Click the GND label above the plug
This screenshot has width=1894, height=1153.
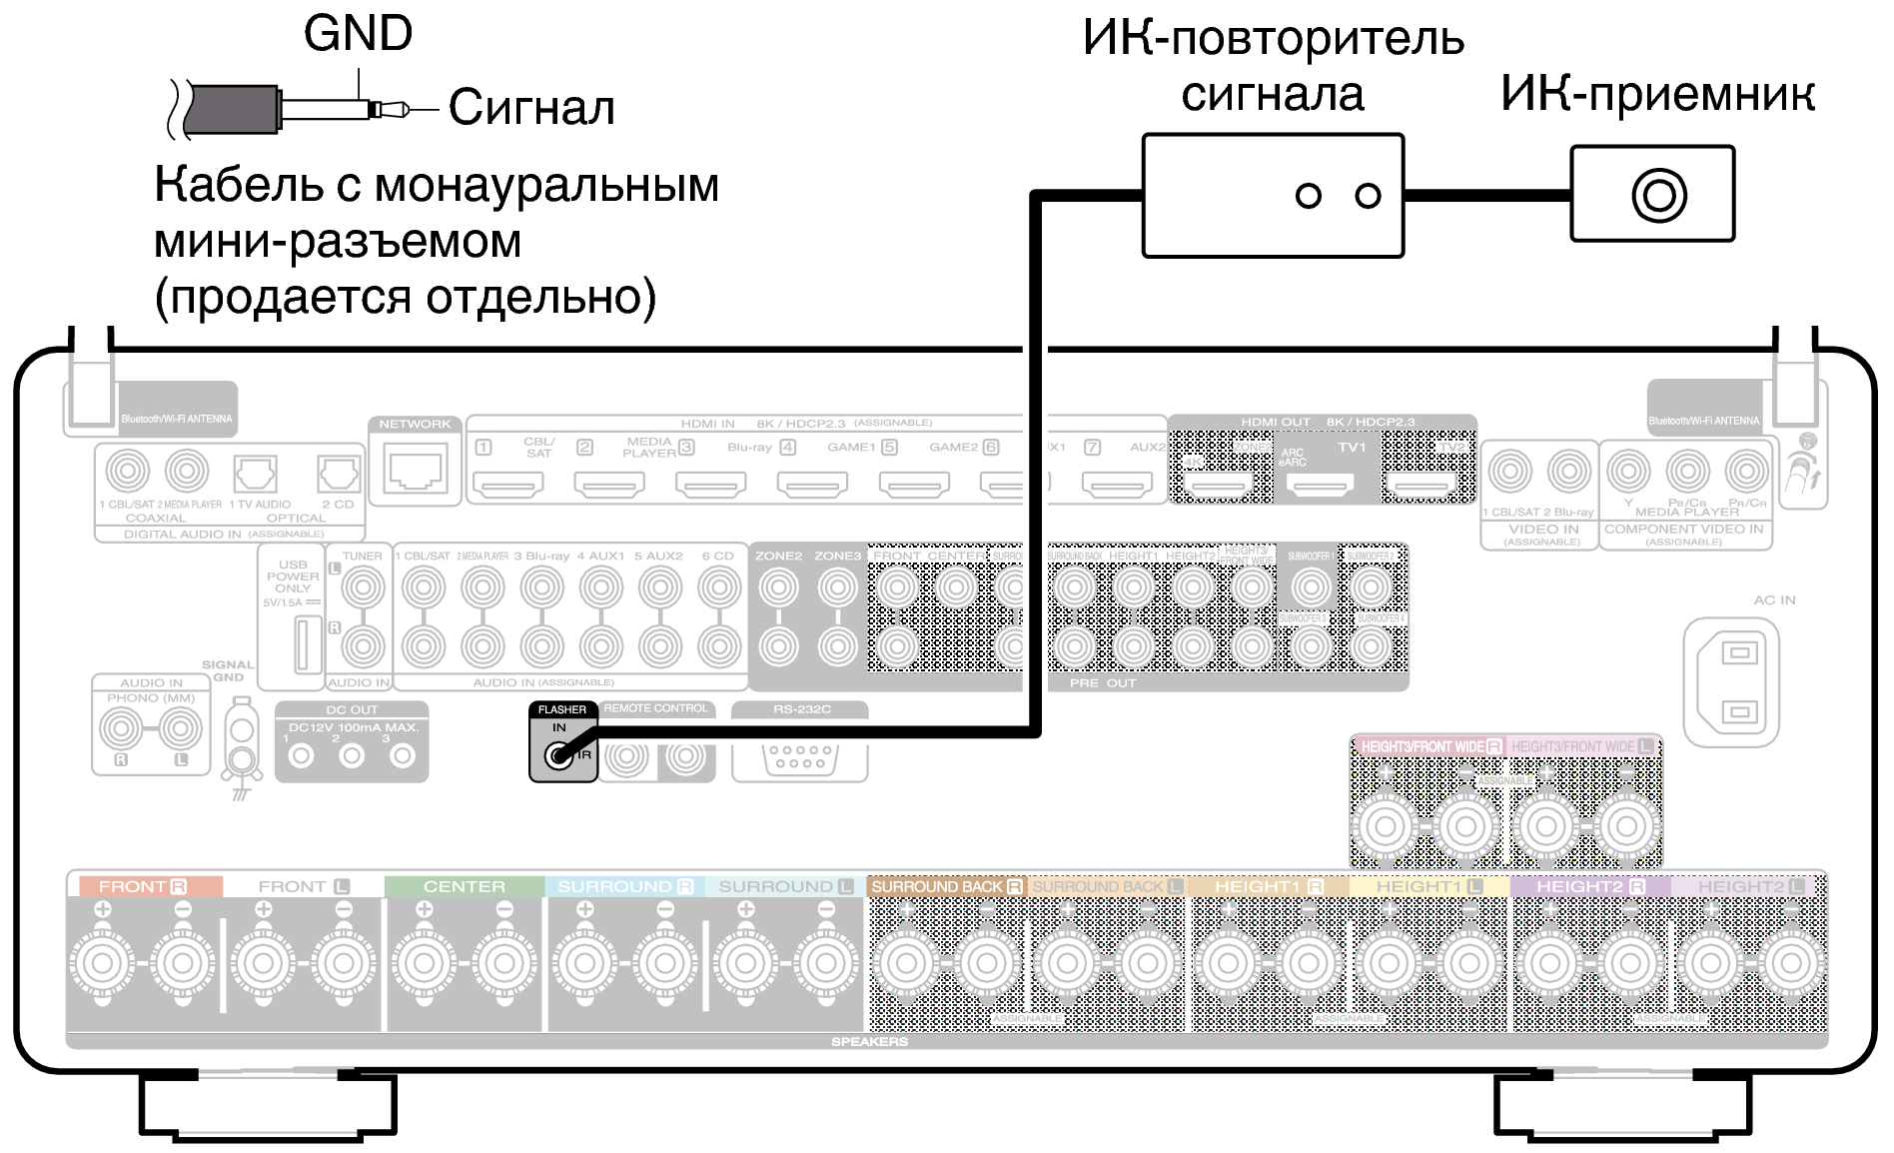[358, 33]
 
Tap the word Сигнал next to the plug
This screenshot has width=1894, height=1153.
[530, 107]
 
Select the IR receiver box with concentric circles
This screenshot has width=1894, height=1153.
[1652, 194]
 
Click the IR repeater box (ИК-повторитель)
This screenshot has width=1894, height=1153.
[1273, 196]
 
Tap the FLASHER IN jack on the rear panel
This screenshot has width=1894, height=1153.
[558, 756]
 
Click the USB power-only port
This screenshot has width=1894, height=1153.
[307, 644]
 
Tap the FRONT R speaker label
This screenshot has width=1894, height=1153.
[143, 886]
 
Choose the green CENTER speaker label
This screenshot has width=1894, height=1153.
[464, 886]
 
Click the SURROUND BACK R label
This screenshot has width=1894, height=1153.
[945, 886]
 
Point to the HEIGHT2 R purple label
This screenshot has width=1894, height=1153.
[1589, 886]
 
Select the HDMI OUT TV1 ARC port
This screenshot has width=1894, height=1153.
[1321, 486]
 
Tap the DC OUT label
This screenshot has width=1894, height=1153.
[352, 709]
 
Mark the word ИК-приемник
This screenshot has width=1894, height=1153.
[1657, 94]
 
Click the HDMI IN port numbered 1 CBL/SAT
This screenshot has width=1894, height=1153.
[507, 485]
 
